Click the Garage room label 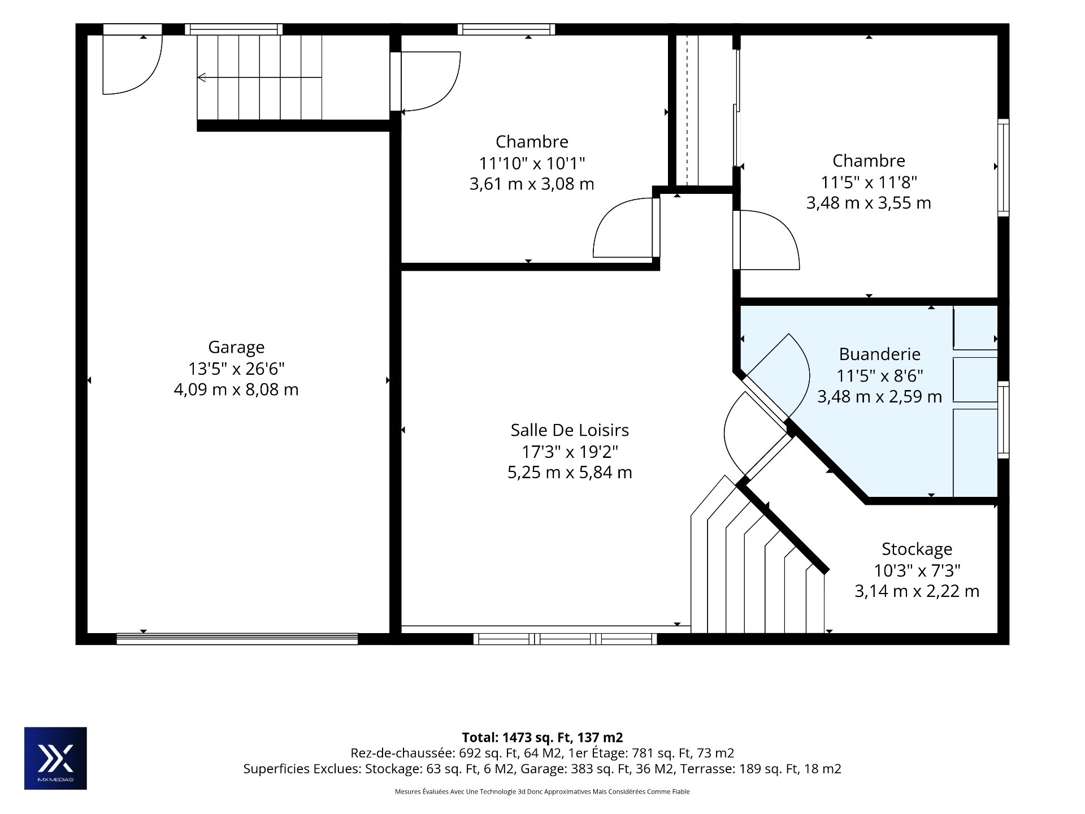coord(236,347)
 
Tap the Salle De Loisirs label coord(570,430)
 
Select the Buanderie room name coord(880,354)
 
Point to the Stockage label coord(917,549)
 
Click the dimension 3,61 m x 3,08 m coord(532,184)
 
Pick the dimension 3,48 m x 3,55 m coord(869,203)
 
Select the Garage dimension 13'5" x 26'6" coord(236,369)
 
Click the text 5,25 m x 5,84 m coord(570,473)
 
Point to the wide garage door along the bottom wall coord(237,639)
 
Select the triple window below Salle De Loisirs coord(565,639)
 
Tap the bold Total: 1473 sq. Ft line coord(542,737)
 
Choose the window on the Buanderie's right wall coord(1003,419)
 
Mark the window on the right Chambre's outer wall coord(1003,167)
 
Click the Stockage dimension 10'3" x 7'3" coord(917,570)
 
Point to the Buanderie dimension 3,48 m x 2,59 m coord(880,397)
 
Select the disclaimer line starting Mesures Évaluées coord(542,792)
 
